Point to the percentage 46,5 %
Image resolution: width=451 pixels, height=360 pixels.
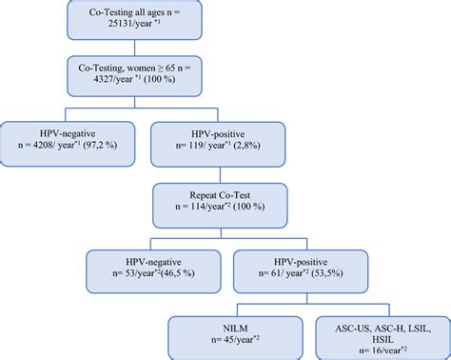[181, 273]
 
